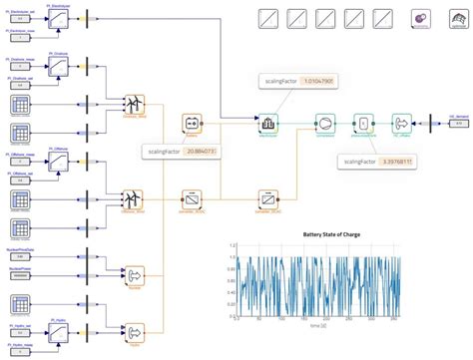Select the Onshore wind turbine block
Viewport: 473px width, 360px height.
[133, 104]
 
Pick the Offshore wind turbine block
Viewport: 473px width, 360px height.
[133, 199]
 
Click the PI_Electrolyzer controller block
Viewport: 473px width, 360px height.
[61, 17]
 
